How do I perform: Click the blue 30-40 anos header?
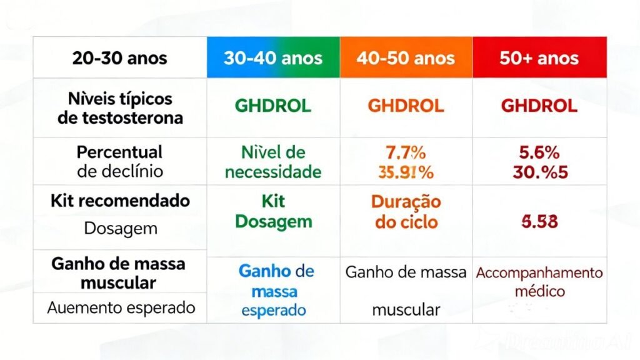273,59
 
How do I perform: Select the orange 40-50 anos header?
406,59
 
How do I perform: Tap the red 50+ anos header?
539,59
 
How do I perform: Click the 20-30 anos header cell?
120,59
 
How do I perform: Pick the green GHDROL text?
272,106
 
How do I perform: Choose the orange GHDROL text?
406,106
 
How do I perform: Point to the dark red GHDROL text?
539,106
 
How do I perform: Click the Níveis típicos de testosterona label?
120,107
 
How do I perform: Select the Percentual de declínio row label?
120,161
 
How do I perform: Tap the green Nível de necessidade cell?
272,161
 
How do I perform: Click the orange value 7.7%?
406,152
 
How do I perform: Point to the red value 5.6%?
539,152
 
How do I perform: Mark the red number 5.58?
539,221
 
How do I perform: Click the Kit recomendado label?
120,201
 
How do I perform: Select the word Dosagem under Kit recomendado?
120,228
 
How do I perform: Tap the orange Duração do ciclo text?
406,212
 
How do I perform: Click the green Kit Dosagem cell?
272,212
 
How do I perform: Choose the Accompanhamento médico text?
539,282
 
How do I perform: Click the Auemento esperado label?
121,307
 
